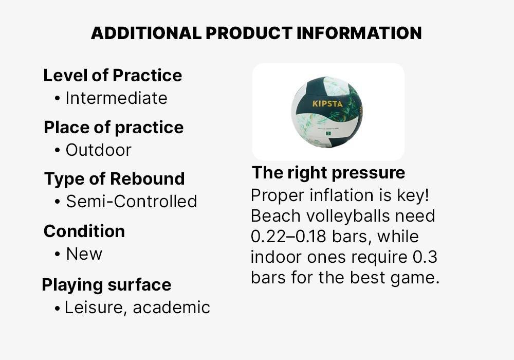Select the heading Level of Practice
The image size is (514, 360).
[x=113, y=76]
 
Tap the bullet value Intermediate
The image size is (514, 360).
[x=116, y=98]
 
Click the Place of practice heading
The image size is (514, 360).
[x=114, y=128]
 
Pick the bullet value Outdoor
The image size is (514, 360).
[x=98, y=150]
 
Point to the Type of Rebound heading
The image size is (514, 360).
[x=114, y=179]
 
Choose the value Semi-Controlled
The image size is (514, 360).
[x=131, y=202]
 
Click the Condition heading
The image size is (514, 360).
[x=84, y=231]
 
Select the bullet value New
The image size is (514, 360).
[x=84, y=254]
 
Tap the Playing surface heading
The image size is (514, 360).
[x=106, y=285]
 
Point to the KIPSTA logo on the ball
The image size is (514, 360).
[x=327, y=104]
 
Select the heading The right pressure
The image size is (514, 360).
[x=328, y=173]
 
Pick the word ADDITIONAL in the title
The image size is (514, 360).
[x=146, y=33]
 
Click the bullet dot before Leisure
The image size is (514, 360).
[x=57, y=308]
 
